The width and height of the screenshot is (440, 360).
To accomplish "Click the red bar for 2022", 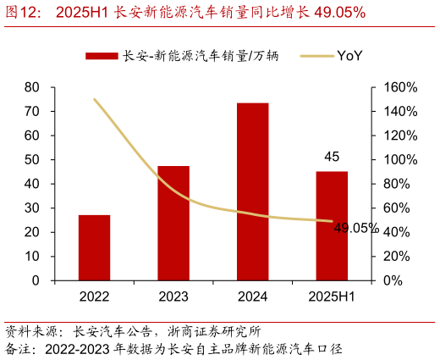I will click(x=94, y=247).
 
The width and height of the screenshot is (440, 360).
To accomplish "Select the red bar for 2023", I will click(x=173, y=223).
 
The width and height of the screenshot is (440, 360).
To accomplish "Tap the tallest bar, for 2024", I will click(x=252, y=191).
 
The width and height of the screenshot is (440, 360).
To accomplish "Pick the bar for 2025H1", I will click(x=332, y=225).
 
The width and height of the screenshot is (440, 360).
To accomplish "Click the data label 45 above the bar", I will click(x=332, y=157).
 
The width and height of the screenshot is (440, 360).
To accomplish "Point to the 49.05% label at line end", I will click(x=355, y=228).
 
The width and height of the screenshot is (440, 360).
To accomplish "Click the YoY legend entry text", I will click(x=349, y=56).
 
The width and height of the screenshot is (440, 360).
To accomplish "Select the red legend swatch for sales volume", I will click(x=102, y=56).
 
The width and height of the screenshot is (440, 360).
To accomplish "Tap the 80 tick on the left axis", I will click(x=32, y=87).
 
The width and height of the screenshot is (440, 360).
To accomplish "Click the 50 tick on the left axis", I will click(x=32, y=159).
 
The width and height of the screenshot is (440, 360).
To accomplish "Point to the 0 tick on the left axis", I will click(x=36, y=280).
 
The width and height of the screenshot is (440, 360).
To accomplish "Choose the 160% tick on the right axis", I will click(x=401, y=87).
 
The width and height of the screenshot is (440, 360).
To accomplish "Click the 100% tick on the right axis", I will click(x=401, y=160).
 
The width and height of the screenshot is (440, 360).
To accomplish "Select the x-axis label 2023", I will click(x=173, y=296).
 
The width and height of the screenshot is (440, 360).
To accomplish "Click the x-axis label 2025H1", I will click(x=332, y=296).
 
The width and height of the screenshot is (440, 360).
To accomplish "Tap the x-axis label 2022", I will click(x=94, y=296).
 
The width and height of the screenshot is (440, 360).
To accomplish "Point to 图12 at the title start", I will click(x=24, y=12).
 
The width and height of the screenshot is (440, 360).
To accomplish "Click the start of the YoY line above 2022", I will click(x=94, y=99).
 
